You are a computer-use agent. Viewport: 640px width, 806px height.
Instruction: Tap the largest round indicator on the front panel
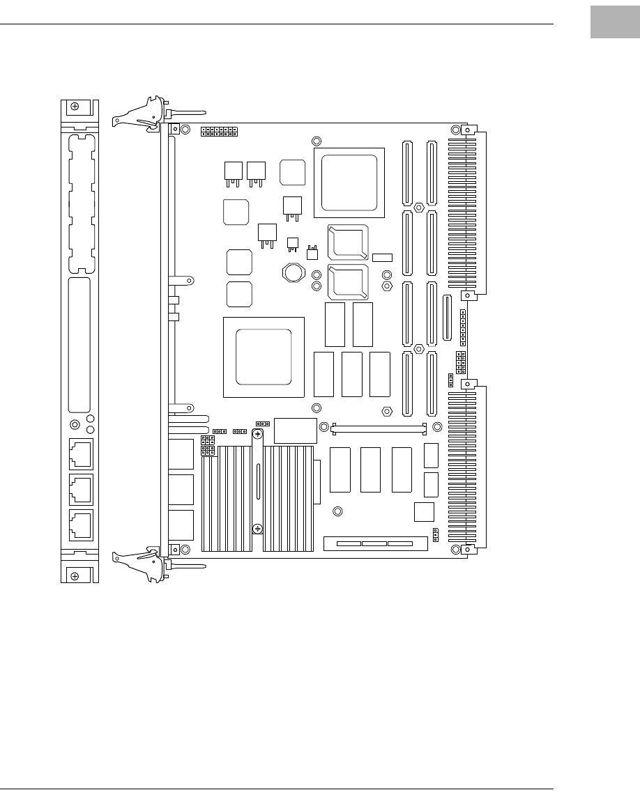coord(75,424)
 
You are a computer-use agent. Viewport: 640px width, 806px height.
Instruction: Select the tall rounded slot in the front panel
coord(79,346)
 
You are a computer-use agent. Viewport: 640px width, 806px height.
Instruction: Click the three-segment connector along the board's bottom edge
coord(374,543)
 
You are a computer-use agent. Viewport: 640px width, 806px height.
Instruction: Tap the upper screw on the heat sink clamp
coord(258,435)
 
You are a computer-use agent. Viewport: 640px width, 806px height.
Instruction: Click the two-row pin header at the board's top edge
coord(219,131)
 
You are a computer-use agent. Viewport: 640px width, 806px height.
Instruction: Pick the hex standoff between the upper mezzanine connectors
coord(418,208)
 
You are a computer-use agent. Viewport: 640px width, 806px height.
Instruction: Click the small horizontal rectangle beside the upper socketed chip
coord(382,258)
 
